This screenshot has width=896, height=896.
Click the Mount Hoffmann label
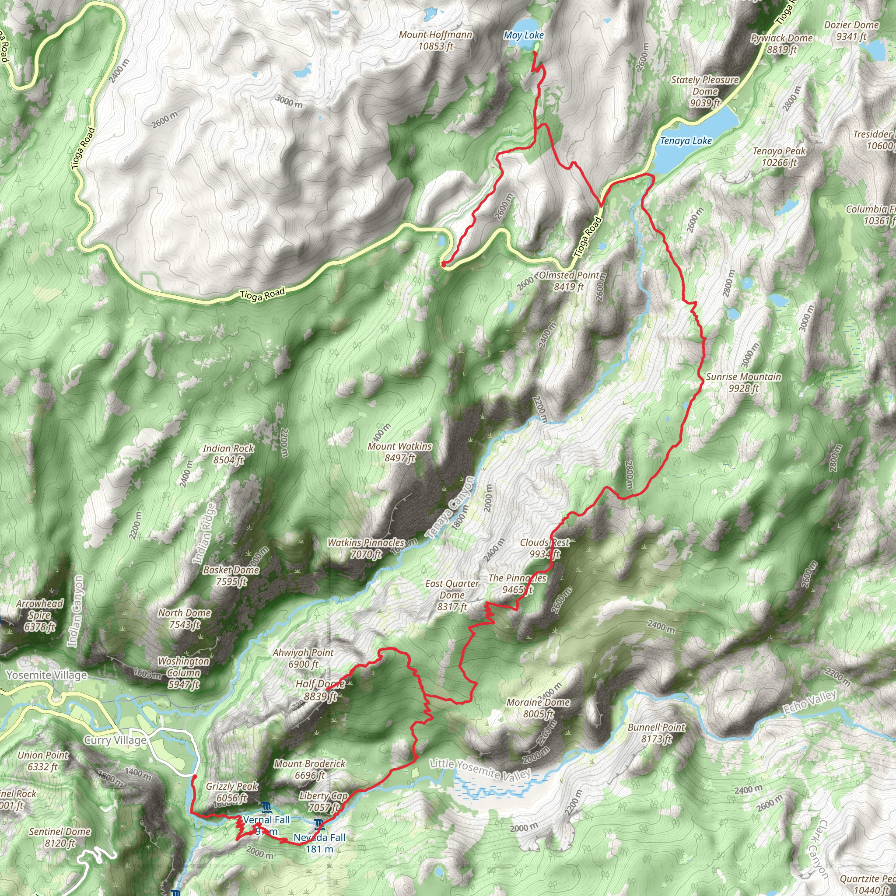[435, 40]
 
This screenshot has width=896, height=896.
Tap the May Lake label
[524, 35]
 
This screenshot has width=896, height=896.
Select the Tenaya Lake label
[686, 140]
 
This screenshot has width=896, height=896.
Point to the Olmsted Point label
[569, 281]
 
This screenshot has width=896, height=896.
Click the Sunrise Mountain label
[743, 383]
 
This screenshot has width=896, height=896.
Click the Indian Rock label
[228, 454]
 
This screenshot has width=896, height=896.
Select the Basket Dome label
[231, 576]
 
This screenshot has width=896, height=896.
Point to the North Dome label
[185, 619]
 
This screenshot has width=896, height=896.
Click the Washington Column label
[184, 672]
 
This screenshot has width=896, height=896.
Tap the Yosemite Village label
[46, 675]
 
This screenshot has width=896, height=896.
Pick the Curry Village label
[115, 740]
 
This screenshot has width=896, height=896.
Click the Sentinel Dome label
[60, 837]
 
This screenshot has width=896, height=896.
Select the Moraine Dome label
[538, 708]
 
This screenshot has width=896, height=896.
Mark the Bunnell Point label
[656, 733]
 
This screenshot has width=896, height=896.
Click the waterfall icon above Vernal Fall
[265, 808]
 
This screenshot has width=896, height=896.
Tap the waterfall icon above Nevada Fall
[319, 824]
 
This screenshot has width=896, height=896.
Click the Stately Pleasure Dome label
[705, 91]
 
